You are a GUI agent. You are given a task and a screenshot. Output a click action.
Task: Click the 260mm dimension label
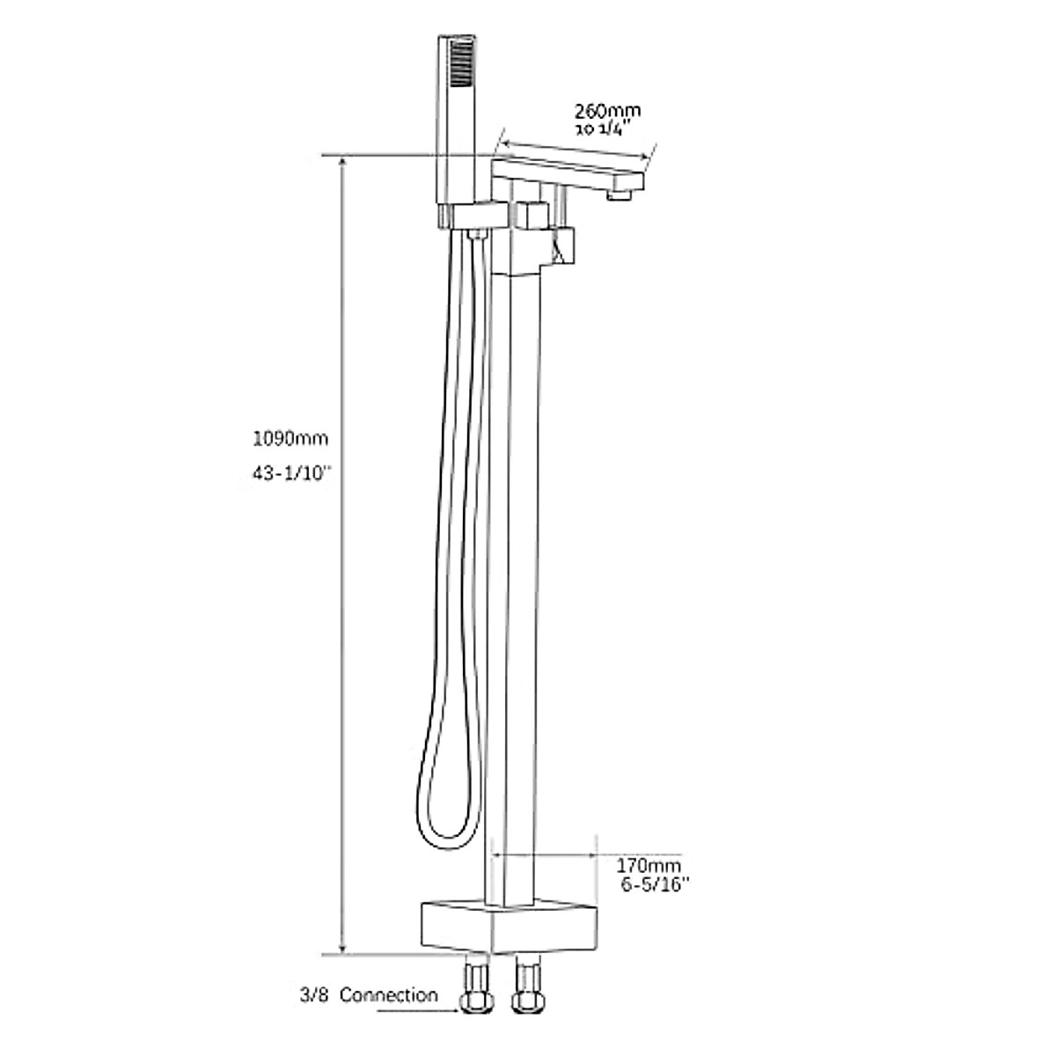point(607,111)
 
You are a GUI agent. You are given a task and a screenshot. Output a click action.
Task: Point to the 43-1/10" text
point(288,473)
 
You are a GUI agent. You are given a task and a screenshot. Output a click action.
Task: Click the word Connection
point(388,995)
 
